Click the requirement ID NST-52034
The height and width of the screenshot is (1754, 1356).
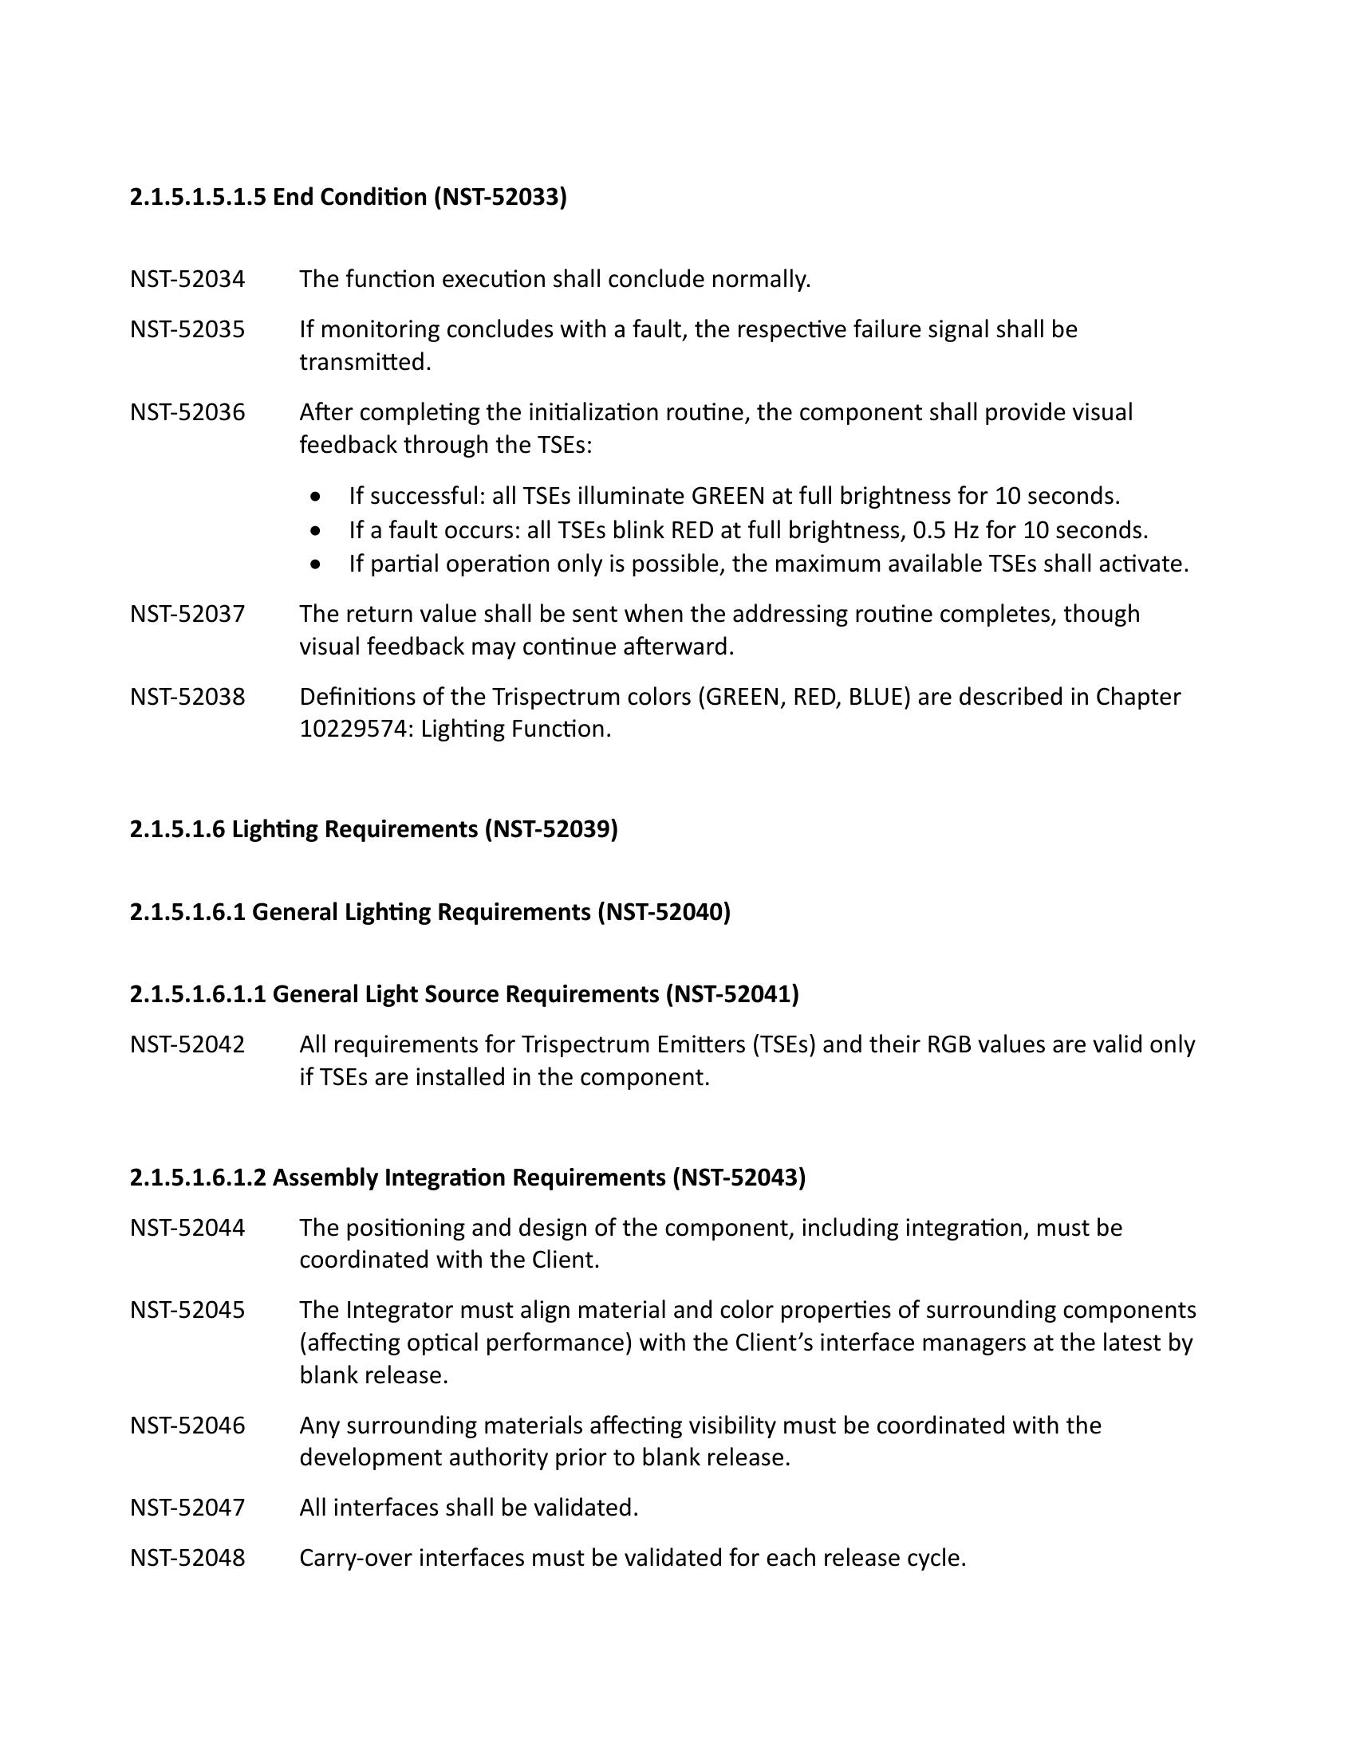coord(187,280)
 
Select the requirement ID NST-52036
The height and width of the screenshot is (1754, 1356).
coord(187,412)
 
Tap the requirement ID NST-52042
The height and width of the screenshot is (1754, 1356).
coord(187,1044)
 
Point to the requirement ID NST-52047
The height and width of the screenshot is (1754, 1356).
coord(187,1508)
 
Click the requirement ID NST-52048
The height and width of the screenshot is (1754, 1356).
coord(187,1557)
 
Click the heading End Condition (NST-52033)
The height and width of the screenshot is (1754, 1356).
coord(348,197)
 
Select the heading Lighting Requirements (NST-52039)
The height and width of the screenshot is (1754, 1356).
coord(373,829)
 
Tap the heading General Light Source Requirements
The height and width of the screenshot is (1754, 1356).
coord(463,994)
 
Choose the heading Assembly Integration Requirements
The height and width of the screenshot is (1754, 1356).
coord(467,1177)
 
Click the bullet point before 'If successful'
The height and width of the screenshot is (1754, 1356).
coord(318,497)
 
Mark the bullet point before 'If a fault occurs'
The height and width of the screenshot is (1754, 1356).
coord(318,531)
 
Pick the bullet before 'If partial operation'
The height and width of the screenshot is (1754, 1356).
coord(318,564)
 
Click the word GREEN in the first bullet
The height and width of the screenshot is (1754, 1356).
coord(727,497)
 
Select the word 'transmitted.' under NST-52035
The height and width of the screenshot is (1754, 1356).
coord(365,362)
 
